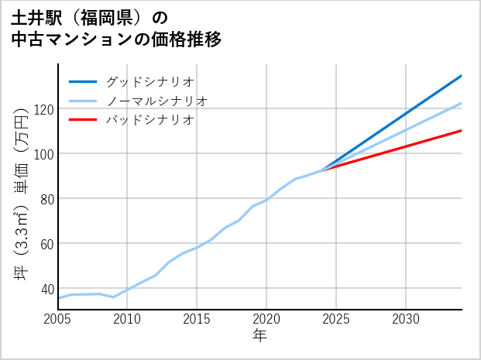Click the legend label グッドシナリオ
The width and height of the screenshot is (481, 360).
point(149,81)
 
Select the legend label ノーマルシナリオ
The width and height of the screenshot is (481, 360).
point(156,101)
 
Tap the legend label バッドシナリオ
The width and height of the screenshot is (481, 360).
point(149,120)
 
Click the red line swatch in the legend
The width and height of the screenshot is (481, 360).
point(83,120)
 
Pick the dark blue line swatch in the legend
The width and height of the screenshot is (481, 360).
point(83,81)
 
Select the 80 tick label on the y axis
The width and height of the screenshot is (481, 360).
point(46,199)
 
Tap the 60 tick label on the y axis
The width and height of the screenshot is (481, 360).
point(46,244)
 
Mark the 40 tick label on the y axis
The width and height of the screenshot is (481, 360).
point(46,289)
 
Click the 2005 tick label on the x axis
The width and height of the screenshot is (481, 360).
point(58,319)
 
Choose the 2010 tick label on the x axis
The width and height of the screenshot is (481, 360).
point(127,319)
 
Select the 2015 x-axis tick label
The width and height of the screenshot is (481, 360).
point(197,319)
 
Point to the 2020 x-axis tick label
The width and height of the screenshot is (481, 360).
point(266,319)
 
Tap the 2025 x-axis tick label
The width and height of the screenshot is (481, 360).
point(336,319)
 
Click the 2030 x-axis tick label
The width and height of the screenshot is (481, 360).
point(406,319)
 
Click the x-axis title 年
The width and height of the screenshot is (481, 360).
point(259,336)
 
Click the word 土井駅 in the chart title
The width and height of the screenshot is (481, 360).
point(40,17)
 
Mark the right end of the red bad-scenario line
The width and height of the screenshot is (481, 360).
point(461,130)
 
